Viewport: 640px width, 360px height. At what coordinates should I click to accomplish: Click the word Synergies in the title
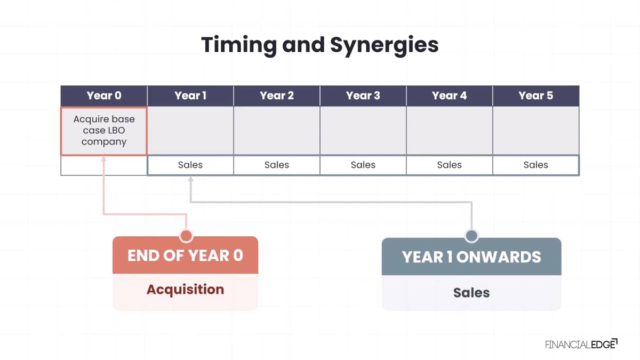[384, 45]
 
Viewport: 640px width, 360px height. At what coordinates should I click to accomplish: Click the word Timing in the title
[239, 45]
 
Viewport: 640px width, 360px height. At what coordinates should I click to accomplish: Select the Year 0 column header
[104, 95]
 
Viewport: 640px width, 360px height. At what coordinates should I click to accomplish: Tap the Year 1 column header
[190, 95]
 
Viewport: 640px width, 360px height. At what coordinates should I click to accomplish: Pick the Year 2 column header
[277, 95]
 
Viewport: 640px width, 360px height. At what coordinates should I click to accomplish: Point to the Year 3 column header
[363, 95]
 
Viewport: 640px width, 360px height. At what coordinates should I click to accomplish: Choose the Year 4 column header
[449, 95]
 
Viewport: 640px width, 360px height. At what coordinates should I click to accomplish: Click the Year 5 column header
[536, 95]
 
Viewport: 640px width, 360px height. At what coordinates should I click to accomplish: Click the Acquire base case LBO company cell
[104, 131]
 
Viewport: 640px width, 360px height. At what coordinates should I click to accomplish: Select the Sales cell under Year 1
[190, 165]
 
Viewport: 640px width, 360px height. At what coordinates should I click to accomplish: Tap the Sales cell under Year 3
[363, 165]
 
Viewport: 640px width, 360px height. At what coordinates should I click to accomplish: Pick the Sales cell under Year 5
[536, 165]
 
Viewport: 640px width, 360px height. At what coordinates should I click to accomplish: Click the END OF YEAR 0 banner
[186, 255]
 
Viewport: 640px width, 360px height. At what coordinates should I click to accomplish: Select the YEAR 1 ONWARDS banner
[471, 257]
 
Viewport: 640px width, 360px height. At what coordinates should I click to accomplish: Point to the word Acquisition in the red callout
[186, 290]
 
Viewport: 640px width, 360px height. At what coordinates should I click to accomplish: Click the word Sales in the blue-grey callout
[471, 293]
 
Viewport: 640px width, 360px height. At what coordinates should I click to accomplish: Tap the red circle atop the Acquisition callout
[186, 236]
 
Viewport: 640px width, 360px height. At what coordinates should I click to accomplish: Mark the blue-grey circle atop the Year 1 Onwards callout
[471, 236]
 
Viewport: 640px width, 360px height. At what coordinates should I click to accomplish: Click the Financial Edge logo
[581, 345]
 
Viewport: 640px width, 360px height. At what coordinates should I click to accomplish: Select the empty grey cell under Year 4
[449, 131]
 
